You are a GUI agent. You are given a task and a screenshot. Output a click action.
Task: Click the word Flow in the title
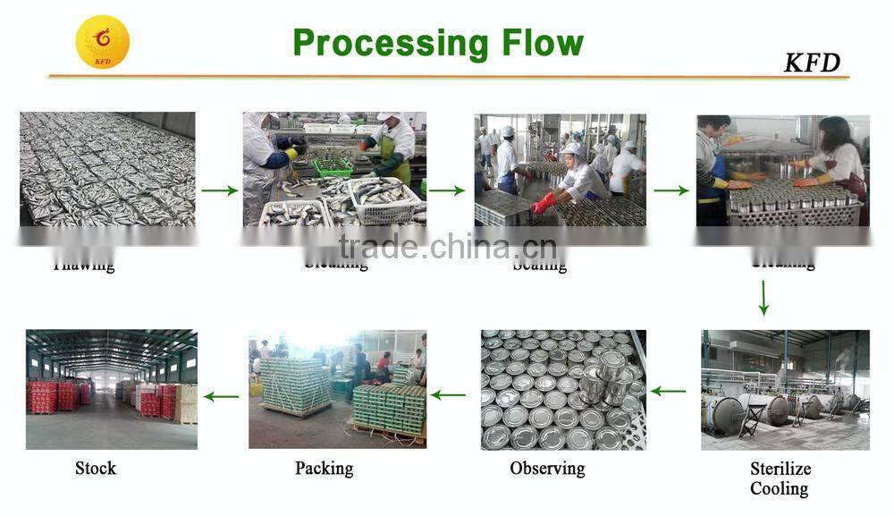(541, 42)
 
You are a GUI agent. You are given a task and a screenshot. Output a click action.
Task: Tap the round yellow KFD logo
(102, 42)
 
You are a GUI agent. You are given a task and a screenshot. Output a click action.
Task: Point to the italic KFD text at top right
(812, 63)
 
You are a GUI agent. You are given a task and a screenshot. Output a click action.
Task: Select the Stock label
(96, 468)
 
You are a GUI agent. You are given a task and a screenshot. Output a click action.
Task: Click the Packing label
(324, 468)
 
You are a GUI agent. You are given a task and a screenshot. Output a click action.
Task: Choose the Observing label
(547, 468)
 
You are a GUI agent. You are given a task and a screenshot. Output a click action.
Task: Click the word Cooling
(779, 488)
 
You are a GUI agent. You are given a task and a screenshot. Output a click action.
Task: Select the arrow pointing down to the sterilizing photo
(763, 298)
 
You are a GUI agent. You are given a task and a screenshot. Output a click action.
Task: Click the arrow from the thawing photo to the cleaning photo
(218, 190)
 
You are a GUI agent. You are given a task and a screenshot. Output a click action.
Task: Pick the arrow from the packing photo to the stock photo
(222, 395)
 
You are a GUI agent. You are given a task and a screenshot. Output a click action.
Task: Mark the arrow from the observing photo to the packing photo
(449, 394)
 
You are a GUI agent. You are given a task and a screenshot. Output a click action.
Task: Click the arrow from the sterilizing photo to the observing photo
(668, 391)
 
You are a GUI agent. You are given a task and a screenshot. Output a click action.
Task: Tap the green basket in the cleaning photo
(333, 166)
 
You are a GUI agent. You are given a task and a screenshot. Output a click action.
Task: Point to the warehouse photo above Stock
(111, 389)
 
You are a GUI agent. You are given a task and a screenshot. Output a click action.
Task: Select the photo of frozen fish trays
(107, 169)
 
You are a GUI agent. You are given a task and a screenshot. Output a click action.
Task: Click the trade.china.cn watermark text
(448, 246)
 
